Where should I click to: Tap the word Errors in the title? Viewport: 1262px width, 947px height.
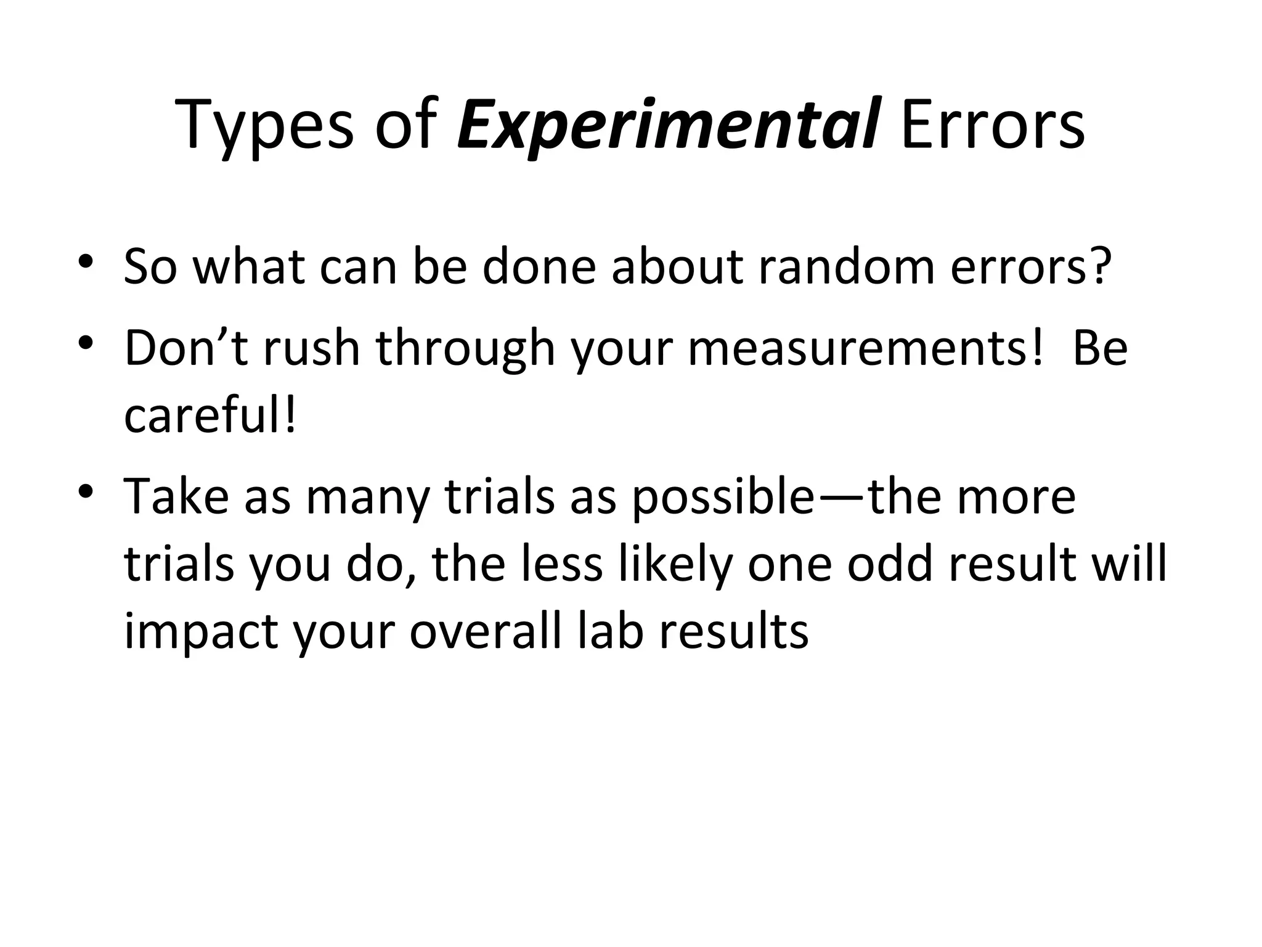click(992, 126)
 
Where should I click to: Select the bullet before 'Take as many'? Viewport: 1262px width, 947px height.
click(86, 490)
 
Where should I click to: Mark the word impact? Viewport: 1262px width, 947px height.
click(200, 633)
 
